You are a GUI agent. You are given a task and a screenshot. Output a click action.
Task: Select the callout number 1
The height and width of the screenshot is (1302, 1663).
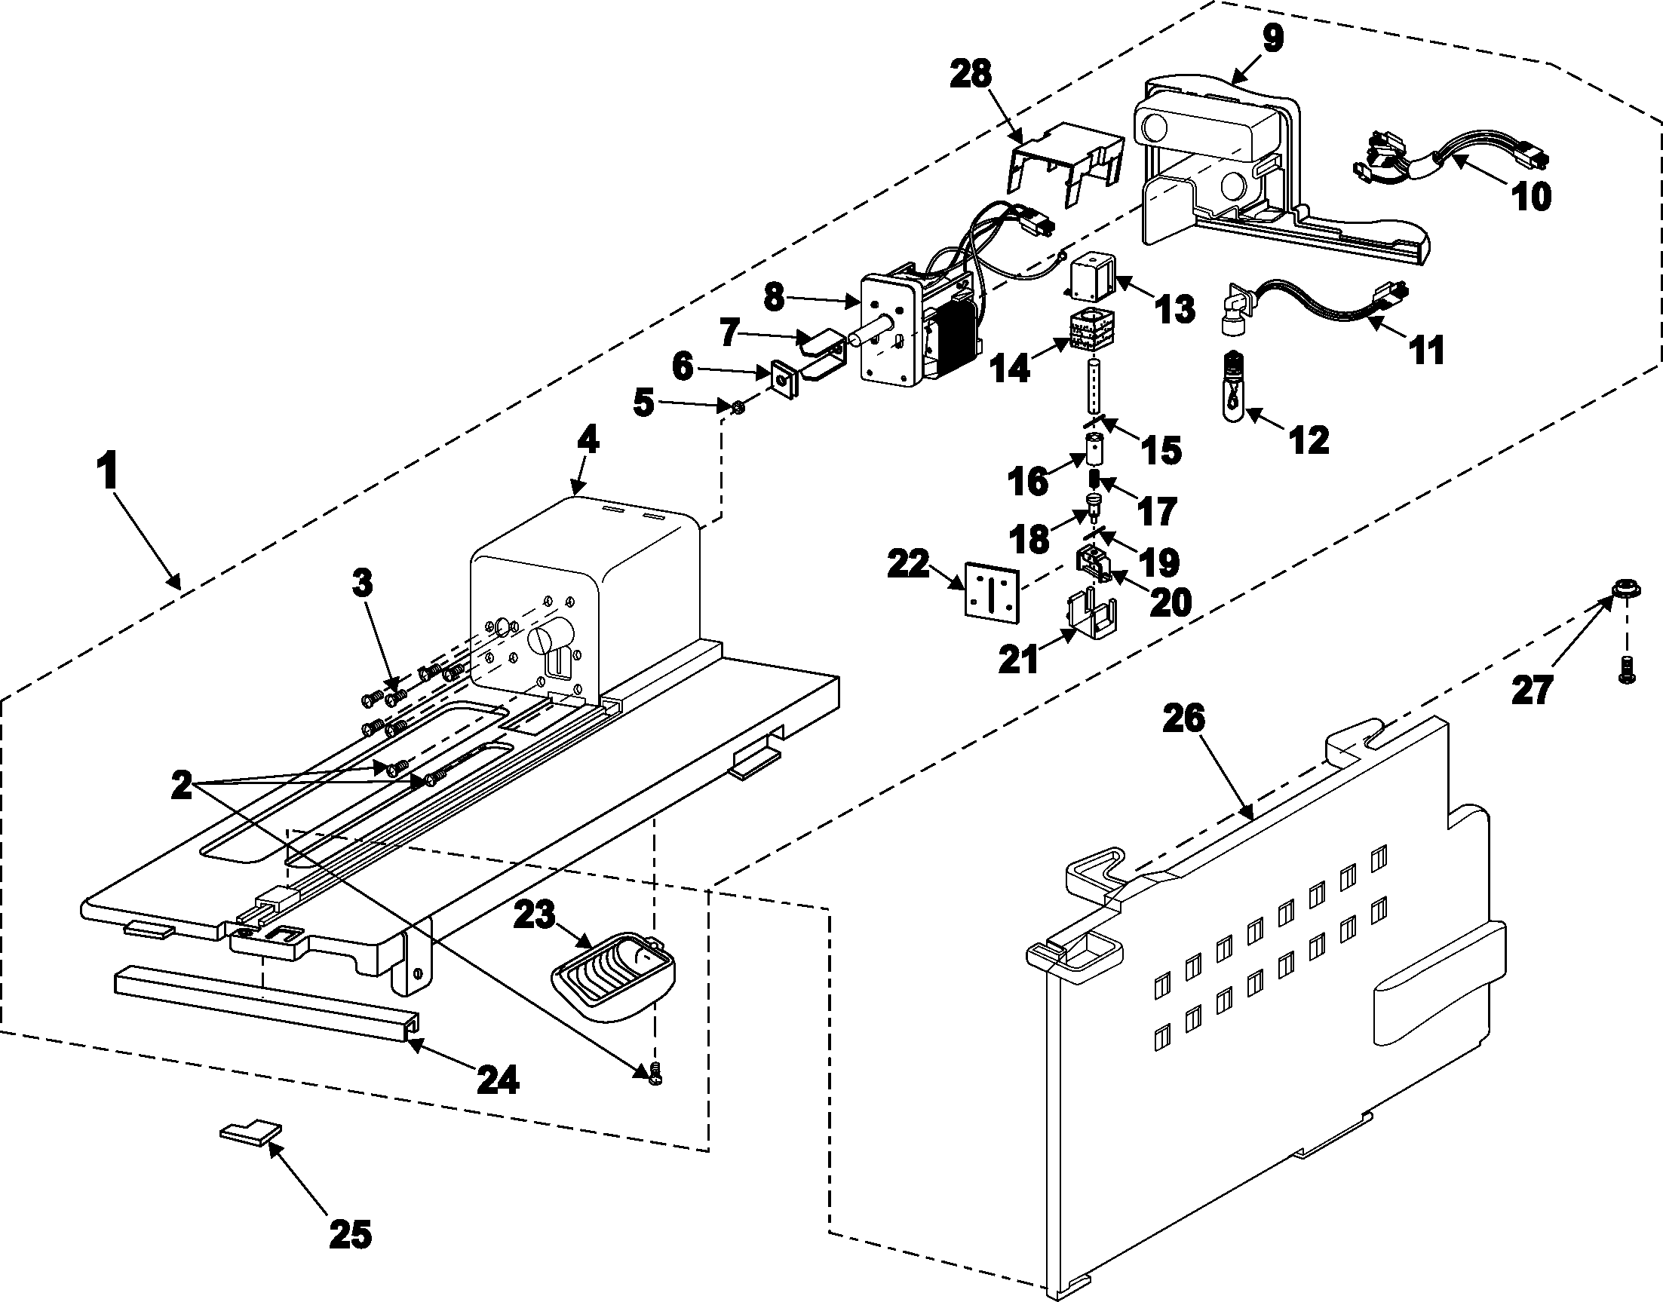point(109,470)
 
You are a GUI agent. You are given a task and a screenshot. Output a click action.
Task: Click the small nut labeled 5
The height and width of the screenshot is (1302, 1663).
point(737,409)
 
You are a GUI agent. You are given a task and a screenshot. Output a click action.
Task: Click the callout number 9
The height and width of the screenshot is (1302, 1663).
point(1272,38)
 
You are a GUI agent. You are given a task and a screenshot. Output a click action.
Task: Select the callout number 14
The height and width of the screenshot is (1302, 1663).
point(1011,367)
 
